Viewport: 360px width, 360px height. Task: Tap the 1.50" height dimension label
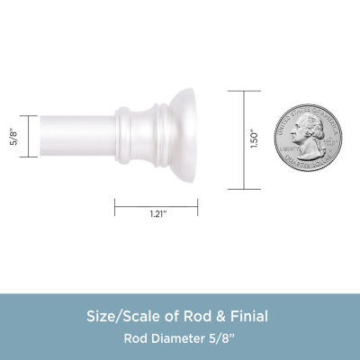click(x=255, y=139)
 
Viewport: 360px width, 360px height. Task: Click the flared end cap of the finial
click(x=175, y=139)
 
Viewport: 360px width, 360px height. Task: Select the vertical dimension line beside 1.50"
click(x=237, y=139)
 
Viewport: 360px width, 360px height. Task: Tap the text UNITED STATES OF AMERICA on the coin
click(x=308, y=109)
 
